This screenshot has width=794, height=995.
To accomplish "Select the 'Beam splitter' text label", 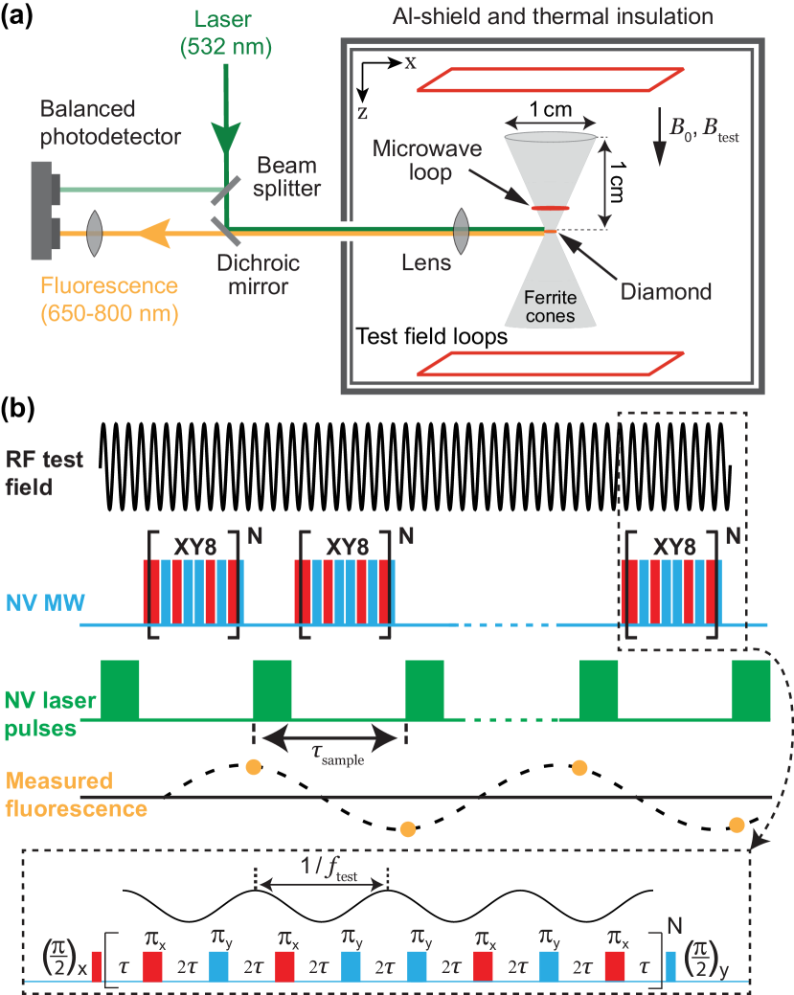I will point(288,177).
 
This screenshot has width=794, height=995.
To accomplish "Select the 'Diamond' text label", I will point(665,291).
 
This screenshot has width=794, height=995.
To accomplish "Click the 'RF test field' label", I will point(44,473).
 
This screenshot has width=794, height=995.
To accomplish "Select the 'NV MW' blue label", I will point(44,603).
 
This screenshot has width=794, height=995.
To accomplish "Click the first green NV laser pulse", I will point(121,689).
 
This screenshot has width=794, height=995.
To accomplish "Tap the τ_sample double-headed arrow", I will point(329,736).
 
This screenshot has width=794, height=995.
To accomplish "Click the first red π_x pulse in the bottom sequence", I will point(153,966).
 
